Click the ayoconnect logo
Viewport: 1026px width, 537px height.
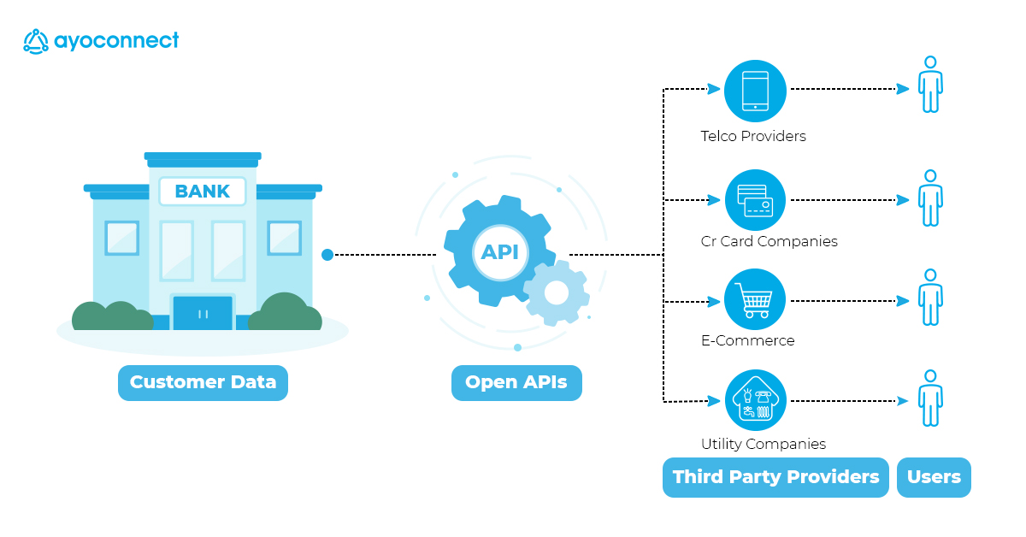[x=101, y=41]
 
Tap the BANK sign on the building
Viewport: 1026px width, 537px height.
[x=202, y=192]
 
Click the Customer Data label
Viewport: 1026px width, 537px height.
[x=203, y=382]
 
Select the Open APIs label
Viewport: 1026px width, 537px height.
[x=516, y=382]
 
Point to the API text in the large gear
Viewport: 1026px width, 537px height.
[x=500, y=252]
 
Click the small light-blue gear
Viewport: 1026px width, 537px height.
[x=557, y=292]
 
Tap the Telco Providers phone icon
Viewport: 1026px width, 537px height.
[x=755, y=90]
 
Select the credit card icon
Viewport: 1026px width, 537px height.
[x=755, y=200]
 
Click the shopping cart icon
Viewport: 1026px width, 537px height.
[x=755, y=300]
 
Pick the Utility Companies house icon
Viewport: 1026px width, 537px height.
[x=755, y=400]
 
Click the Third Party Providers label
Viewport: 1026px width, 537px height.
[x=775, y=477]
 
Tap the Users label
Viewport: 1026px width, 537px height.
[x=934, y=477]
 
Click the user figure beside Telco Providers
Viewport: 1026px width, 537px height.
[x=930, y=84]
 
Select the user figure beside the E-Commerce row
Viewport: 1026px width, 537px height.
[x=930, y=297]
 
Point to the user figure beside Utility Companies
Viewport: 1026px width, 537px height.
[x=930, y=398]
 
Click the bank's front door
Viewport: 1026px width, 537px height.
[x=203, y=313]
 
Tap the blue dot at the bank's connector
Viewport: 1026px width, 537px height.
[x=327, y=255]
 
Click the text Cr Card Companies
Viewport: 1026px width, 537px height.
[x=769, y=241]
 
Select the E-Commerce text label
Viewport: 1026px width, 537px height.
[x=747, y=340]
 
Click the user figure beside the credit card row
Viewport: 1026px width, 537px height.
[x=930, y=198]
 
